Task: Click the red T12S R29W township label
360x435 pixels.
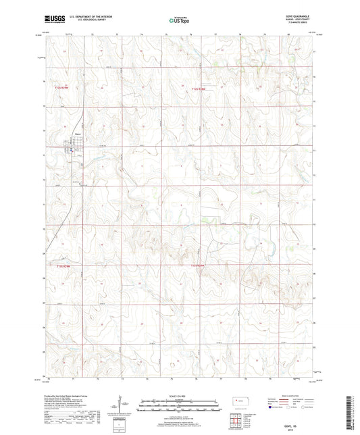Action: coord(62,87)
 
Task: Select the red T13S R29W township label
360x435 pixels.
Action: coord(62,267)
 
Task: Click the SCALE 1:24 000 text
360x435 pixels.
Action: coord(179,394)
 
